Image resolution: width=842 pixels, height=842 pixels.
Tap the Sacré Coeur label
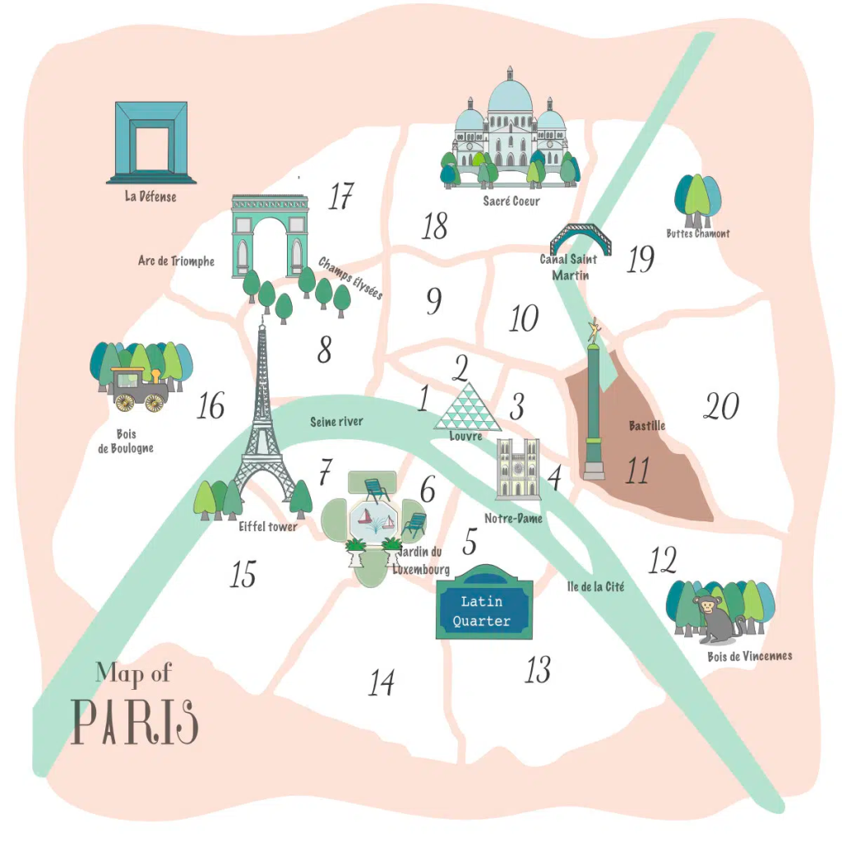point(511,200)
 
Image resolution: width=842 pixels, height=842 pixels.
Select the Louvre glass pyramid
point(467,409)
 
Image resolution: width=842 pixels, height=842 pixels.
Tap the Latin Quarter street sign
point(483,610)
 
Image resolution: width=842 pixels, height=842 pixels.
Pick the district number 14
point(381,682)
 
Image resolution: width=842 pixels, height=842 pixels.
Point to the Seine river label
point(336,422)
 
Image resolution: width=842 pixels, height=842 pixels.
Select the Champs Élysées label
point(351,279)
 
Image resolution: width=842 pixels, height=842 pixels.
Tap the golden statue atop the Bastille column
point(593,331)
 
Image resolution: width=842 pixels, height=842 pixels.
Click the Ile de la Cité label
point(595,587)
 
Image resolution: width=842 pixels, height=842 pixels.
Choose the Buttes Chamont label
point(698,234)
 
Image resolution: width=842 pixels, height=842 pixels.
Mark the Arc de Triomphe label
point(176,261)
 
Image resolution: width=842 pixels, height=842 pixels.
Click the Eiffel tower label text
point(267,527)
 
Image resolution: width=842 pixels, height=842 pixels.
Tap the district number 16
point(210,406)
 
